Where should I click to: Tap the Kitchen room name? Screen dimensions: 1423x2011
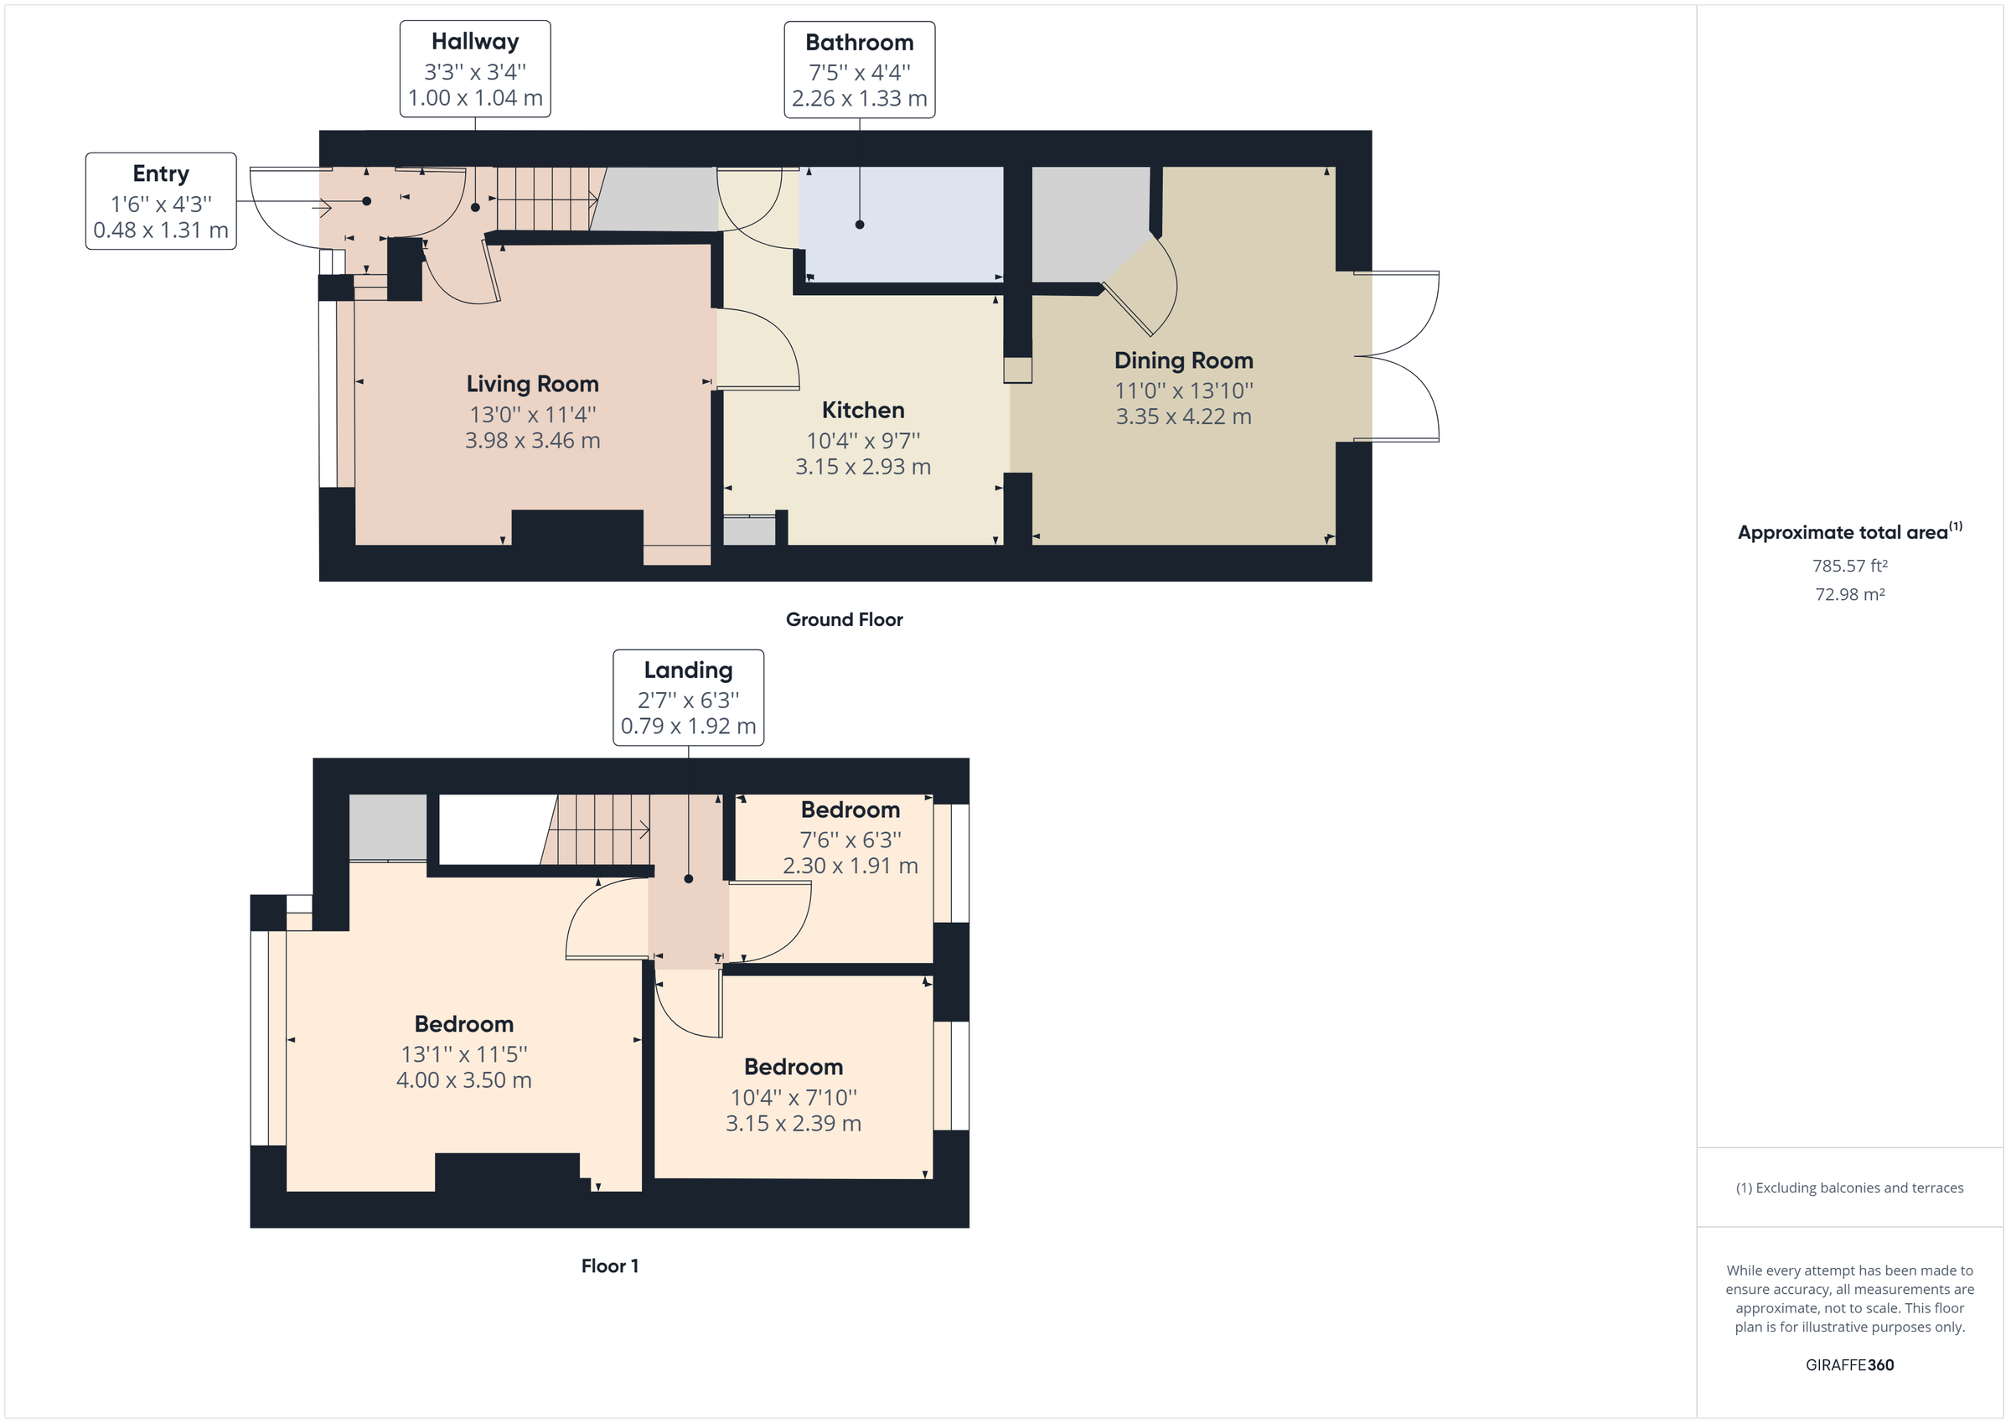point(863,410)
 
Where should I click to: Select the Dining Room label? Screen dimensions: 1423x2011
point(1182,360)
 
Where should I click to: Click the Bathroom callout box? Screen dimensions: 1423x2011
point(859,70)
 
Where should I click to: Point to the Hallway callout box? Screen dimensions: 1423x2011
point(475,70)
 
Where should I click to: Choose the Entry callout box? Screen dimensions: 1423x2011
point(160,201)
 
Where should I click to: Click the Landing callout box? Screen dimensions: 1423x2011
point(688,697)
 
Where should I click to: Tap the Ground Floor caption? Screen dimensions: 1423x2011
point(844,619)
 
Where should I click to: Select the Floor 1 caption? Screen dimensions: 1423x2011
point(610,1265)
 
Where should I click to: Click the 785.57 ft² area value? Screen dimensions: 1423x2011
point(1849,566)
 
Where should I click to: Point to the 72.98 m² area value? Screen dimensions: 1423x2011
point(1849,594)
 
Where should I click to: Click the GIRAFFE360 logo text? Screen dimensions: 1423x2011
point(1849,1364)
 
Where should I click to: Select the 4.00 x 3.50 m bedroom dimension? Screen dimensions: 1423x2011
point(463,1079)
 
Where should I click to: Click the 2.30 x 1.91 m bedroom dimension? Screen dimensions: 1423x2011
point(850,866)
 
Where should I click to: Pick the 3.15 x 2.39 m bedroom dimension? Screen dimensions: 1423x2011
point(793,1123)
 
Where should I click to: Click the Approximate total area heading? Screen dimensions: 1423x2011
point(1849,532)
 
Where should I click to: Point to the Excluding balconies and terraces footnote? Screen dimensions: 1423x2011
point(1849,1188)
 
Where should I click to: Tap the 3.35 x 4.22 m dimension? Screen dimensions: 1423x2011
point(1182,417)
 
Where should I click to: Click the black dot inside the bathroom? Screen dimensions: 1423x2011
point(859,225)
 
